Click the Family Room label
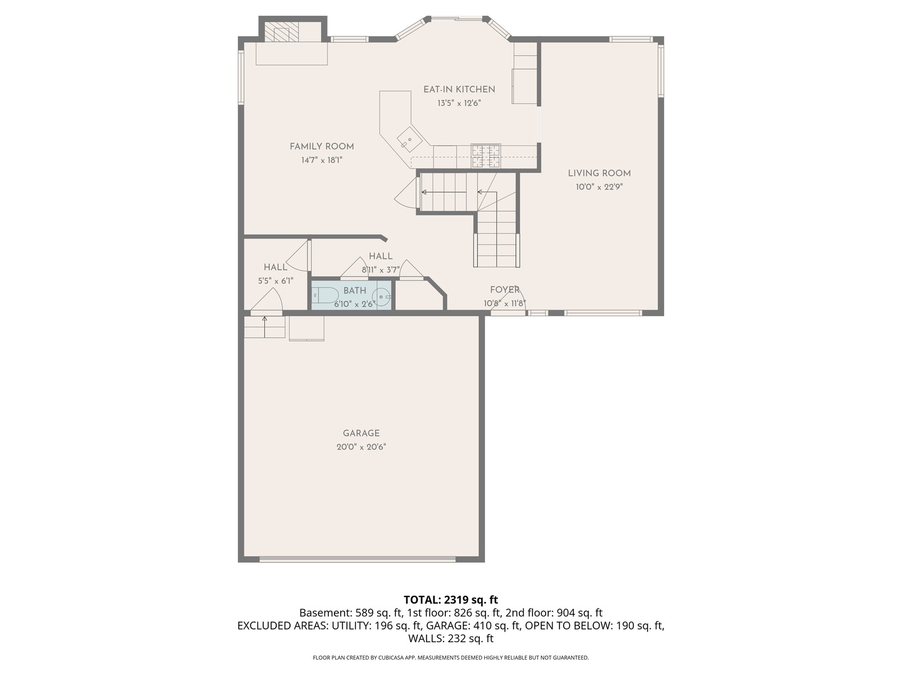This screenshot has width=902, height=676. point(321,146)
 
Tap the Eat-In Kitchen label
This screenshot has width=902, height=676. point(459,90)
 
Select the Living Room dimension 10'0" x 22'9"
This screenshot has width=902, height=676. point(599,187)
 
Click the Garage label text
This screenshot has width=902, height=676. point(361,433)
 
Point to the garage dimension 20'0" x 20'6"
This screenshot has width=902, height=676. point(361,447)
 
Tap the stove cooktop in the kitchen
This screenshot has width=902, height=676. point(486,155)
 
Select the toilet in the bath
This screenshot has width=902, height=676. point(325,295)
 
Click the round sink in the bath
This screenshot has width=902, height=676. point(381,296)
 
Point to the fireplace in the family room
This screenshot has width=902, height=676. point(281,33)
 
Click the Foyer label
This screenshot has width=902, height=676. point(505,290)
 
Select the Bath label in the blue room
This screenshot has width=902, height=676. point(355,290)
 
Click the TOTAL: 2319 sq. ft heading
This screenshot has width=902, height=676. point(450,600)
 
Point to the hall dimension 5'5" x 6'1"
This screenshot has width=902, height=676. point(276,281)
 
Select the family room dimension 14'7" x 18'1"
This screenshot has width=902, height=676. point(321,160)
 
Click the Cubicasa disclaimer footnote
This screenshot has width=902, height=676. point(450,658)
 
